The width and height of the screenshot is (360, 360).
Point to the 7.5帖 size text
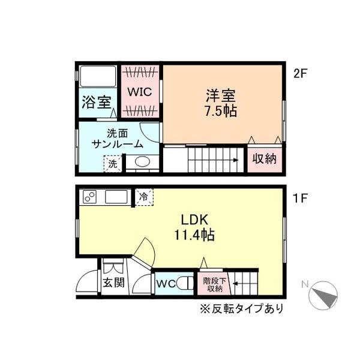(x=221, y=111)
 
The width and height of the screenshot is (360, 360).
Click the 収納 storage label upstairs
(x=263, y=159)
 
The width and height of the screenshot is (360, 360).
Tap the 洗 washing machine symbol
(x=112, y=163)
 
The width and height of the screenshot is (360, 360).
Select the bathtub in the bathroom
(x=98, y=77)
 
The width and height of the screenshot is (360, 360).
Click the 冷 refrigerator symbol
(x=144, y=196)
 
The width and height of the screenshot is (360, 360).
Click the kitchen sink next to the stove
(x=116, y=197)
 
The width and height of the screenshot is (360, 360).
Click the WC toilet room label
(x=166, y=284)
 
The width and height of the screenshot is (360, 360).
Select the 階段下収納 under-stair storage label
(x=214, y=284)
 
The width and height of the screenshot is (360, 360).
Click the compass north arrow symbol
(x=323, y=294)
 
